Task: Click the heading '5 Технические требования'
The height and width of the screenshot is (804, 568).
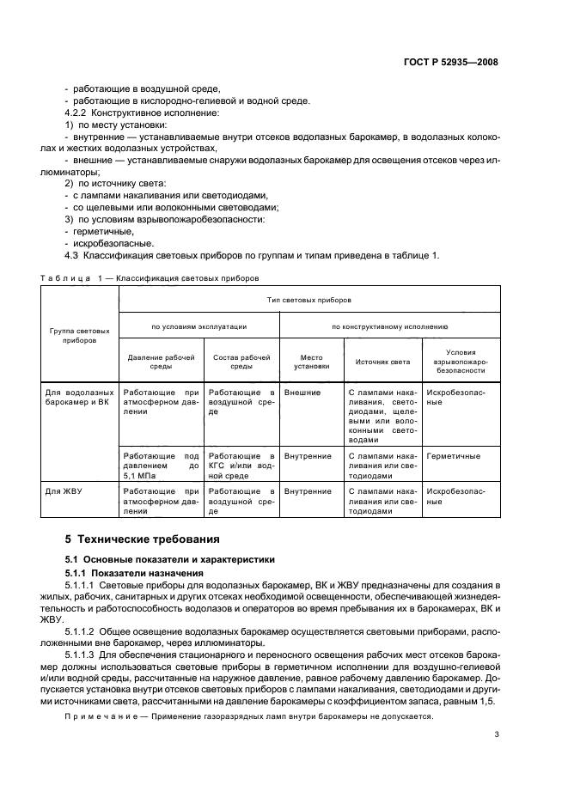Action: pos(135,540)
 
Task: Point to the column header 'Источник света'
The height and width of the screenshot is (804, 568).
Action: pos(382,362)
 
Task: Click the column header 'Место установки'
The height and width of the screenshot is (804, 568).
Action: pos(312,362)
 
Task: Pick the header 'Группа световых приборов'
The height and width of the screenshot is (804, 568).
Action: pos(80,334)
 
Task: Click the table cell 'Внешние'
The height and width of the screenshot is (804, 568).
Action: pos(302,393)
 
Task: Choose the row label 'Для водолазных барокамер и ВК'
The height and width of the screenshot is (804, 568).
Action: pos(80,397)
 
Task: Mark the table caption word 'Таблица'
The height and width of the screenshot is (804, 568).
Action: pos(66,277)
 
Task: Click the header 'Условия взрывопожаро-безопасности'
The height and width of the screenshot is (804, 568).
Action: pos(462,362)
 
